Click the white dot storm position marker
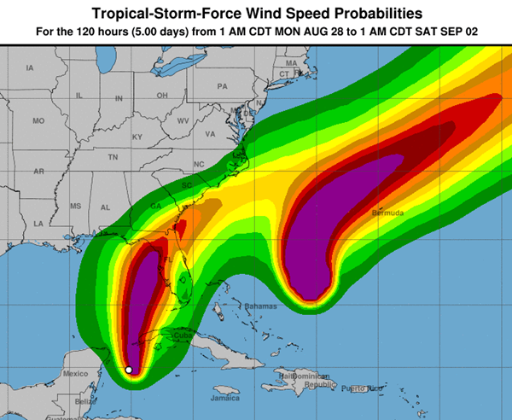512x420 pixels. [129, 370]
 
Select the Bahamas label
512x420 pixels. [261, 306]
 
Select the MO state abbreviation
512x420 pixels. [38, 121]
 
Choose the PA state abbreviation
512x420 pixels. [223, 86]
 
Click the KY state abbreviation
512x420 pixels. [137, 137]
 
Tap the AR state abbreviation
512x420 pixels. [38, 172]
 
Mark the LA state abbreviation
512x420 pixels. [38, 223]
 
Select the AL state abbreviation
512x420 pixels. [106, 207]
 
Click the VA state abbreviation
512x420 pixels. [210, 134]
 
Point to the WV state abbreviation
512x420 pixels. [183, 121]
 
